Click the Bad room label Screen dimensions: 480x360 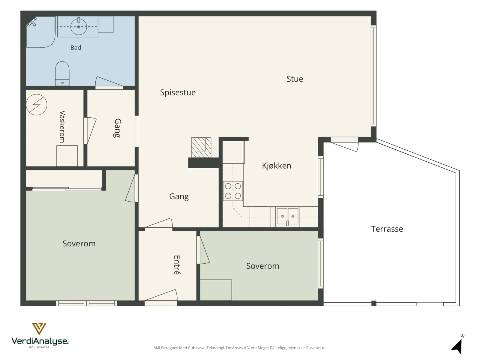point(76,47)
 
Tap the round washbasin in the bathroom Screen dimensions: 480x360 point(79,27)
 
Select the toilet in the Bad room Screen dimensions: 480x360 point(62,73)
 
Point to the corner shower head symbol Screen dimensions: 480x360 point(32,22)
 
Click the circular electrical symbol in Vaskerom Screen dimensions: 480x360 point(37,105)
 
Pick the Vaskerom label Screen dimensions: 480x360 point(62,127)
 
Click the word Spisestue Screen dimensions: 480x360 point(178,92)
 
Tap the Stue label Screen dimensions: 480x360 point(295,79)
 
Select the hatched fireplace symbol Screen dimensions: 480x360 point(201,147)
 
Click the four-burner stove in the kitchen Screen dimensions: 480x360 point(233,191)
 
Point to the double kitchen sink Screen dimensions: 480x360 point(287,216)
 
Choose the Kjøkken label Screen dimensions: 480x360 point(277,166)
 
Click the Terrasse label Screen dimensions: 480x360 point(387,229)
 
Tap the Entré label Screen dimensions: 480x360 point(177,265)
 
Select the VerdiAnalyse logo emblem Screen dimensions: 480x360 point(39,329)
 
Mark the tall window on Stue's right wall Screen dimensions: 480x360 point(373,76)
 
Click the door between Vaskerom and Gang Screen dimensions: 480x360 point(90,131)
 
